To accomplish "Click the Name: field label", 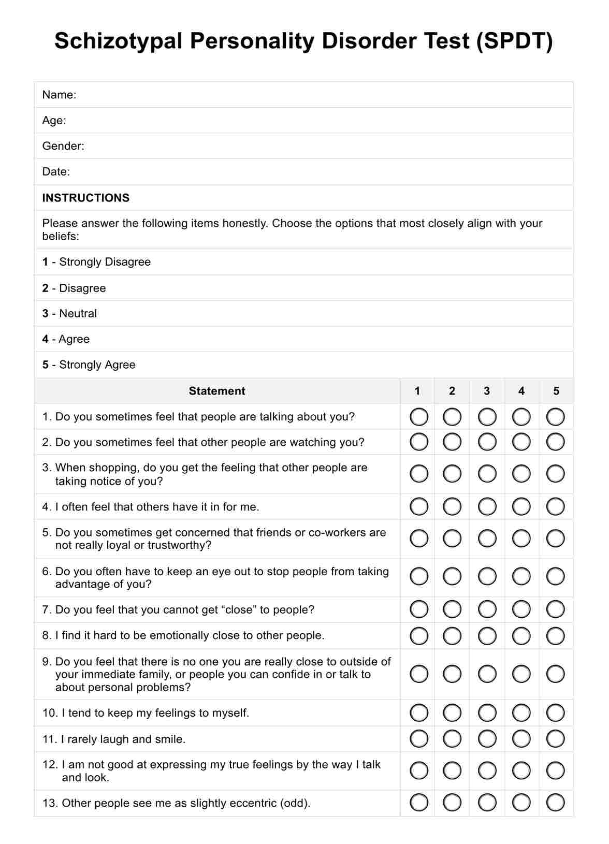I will click(59, 95).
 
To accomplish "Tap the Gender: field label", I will click(63, 146).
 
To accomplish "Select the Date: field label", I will click(56, 172).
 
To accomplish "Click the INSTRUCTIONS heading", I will click(86, 198).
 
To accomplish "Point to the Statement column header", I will click(217, 391).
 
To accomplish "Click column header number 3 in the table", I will click(487, 391).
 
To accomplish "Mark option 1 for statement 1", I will click(419, 417).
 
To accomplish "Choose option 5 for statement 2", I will click(556, 442).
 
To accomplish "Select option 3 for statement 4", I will click(487, 506).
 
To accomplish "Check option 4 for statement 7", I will click(521, 609).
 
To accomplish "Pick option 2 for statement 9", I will click(452, 674).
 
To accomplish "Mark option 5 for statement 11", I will click(556, 739).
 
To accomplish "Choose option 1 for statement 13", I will click(419, 803).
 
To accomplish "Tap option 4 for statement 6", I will click(521, 576).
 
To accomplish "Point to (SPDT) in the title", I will click(515, 41).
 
